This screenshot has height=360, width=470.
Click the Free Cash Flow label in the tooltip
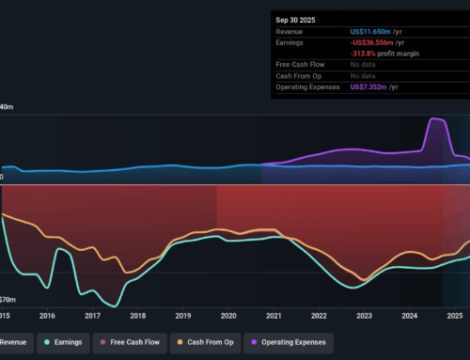pos(299,66)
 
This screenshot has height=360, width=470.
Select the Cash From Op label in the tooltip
pos(298,77)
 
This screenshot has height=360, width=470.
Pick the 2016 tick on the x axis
pos(47,317)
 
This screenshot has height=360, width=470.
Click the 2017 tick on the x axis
pos(92,317)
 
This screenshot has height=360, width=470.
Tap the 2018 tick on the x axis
pos(137,317)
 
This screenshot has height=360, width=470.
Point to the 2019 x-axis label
pos(183,317)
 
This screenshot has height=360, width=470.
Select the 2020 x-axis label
pos(228,317)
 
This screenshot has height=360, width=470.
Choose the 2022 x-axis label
pos(319,317)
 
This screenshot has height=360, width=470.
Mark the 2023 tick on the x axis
pos(364,317)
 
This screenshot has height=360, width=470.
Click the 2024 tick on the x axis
pos(410,317)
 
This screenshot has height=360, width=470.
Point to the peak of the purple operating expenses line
pos(434,118)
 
